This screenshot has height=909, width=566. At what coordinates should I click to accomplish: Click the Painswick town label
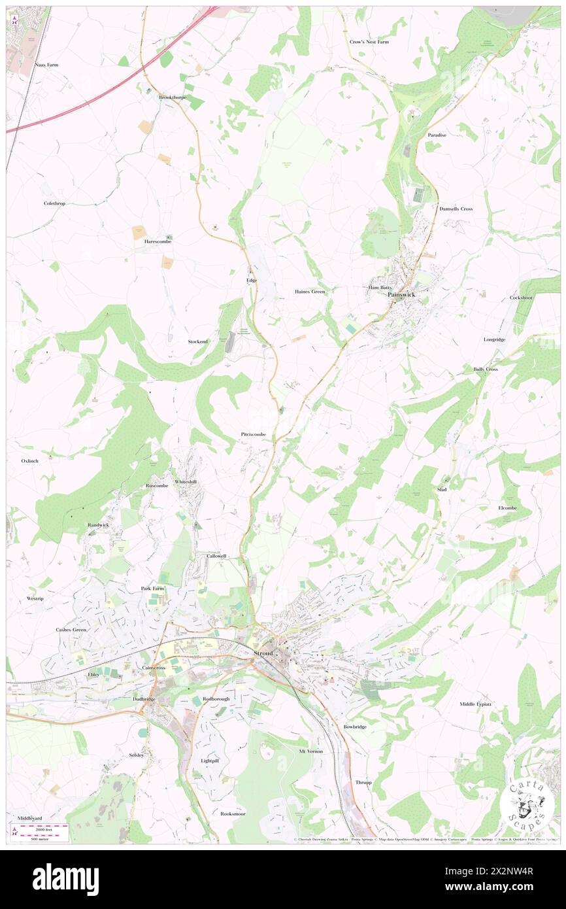coord(401,295)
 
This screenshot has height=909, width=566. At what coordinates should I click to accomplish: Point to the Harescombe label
coord(158,241)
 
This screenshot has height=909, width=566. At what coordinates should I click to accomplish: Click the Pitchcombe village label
coord(253,434)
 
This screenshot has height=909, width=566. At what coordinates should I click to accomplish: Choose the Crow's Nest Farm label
coord(369,42)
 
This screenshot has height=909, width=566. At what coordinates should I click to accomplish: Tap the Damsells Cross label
coord(456,209)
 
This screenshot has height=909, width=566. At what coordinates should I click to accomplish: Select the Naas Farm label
coord(48,65)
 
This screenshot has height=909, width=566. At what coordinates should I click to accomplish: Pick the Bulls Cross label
coord(485,369)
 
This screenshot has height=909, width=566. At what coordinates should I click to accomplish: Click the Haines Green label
coord(310,291)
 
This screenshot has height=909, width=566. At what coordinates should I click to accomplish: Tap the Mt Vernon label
coord(311,751)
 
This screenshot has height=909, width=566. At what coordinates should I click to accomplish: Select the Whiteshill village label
coord(185,481)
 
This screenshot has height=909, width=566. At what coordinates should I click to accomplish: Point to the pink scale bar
coord(42,827)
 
